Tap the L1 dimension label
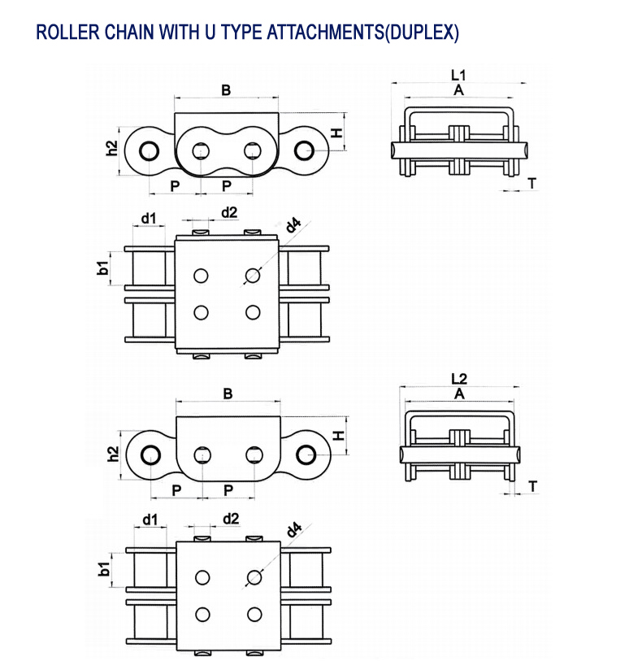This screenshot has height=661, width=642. (x=459, y=74)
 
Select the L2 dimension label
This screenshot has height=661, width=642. (x=459, y=378)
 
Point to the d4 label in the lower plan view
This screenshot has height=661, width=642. (x=293, y=531)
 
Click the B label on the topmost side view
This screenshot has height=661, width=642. (x=226, y=90)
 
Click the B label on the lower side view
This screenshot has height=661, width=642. (x=228, y=394)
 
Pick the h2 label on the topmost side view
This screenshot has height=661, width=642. (x=112, y=149)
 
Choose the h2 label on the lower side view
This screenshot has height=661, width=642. (x=112, y=453)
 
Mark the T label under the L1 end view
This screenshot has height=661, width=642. (x=531, y=183)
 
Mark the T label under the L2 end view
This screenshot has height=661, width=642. (x=532, y=486)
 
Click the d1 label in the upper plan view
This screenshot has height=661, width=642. (x=149, y=218)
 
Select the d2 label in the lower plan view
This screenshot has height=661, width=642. (x=230, y=518)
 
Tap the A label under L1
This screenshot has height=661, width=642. (x=458, y=90)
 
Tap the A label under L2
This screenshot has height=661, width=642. (x=460, y=394)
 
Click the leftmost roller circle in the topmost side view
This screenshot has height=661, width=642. (x=148, y=151)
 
